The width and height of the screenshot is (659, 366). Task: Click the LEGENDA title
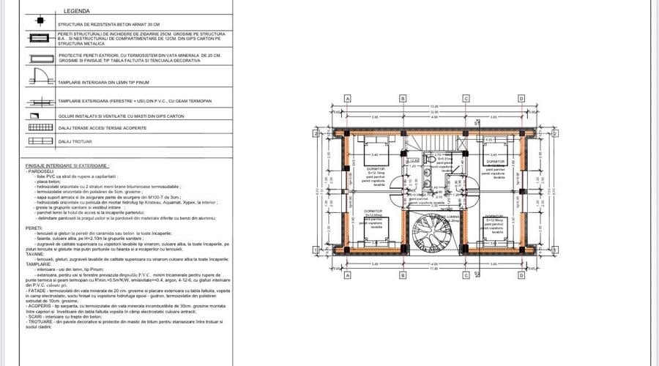coord(77,12)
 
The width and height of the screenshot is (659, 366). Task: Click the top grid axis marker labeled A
coord(348,98)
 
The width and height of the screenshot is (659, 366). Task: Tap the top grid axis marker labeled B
coord(403,98)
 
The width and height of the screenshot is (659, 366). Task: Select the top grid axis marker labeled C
coord(466,98)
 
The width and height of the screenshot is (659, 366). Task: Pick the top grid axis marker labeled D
coord(521,98)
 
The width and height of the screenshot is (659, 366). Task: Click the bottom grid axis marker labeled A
coord(348,275)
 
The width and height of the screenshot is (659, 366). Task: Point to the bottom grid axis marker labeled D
coord(521,275)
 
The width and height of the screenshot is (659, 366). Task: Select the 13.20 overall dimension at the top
coord(434,106)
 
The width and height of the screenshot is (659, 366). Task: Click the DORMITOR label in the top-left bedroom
coord(376,168)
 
